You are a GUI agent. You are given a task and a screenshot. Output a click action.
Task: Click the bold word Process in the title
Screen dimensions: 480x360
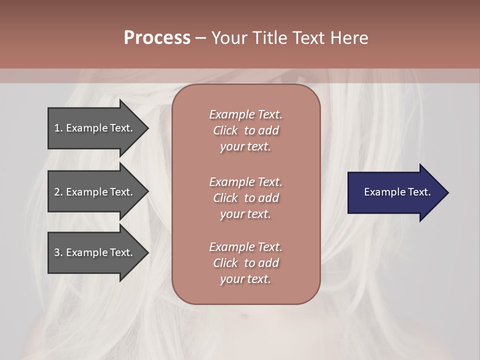(157, 38)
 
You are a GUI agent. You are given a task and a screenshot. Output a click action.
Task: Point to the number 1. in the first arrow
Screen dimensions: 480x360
(58, 128)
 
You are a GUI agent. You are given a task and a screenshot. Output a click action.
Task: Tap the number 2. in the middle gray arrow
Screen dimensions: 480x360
(58, 192)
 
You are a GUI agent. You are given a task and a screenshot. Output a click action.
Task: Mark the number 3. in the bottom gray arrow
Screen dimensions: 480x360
(58, 252)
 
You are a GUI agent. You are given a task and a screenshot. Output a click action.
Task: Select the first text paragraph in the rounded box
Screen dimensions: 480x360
(245, 130)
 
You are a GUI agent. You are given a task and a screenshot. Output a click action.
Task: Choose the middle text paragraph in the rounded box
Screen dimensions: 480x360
(245, 197)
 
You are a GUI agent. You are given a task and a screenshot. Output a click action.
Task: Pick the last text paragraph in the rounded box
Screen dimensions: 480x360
(245, 263)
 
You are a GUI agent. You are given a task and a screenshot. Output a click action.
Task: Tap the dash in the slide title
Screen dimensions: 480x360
(200, 38)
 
